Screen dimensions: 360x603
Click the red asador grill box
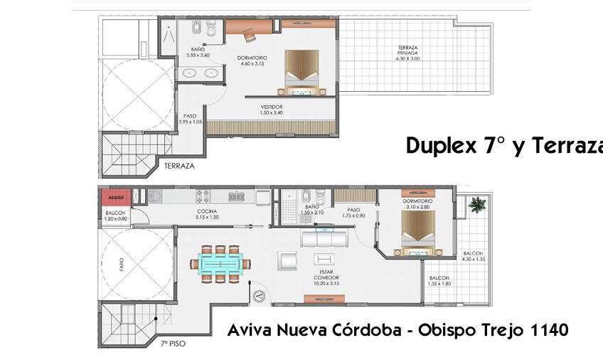[115, 197]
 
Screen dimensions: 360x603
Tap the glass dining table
[221, 263]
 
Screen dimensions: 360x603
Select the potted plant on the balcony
[476, 206]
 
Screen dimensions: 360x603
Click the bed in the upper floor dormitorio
[304, 71]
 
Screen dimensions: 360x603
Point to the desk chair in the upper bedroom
[249, 33]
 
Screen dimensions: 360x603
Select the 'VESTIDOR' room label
[271, 107]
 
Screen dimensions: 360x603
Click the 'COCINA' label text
[207, 211]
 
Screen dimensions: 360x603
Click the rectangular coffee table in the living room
[325, 258]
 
